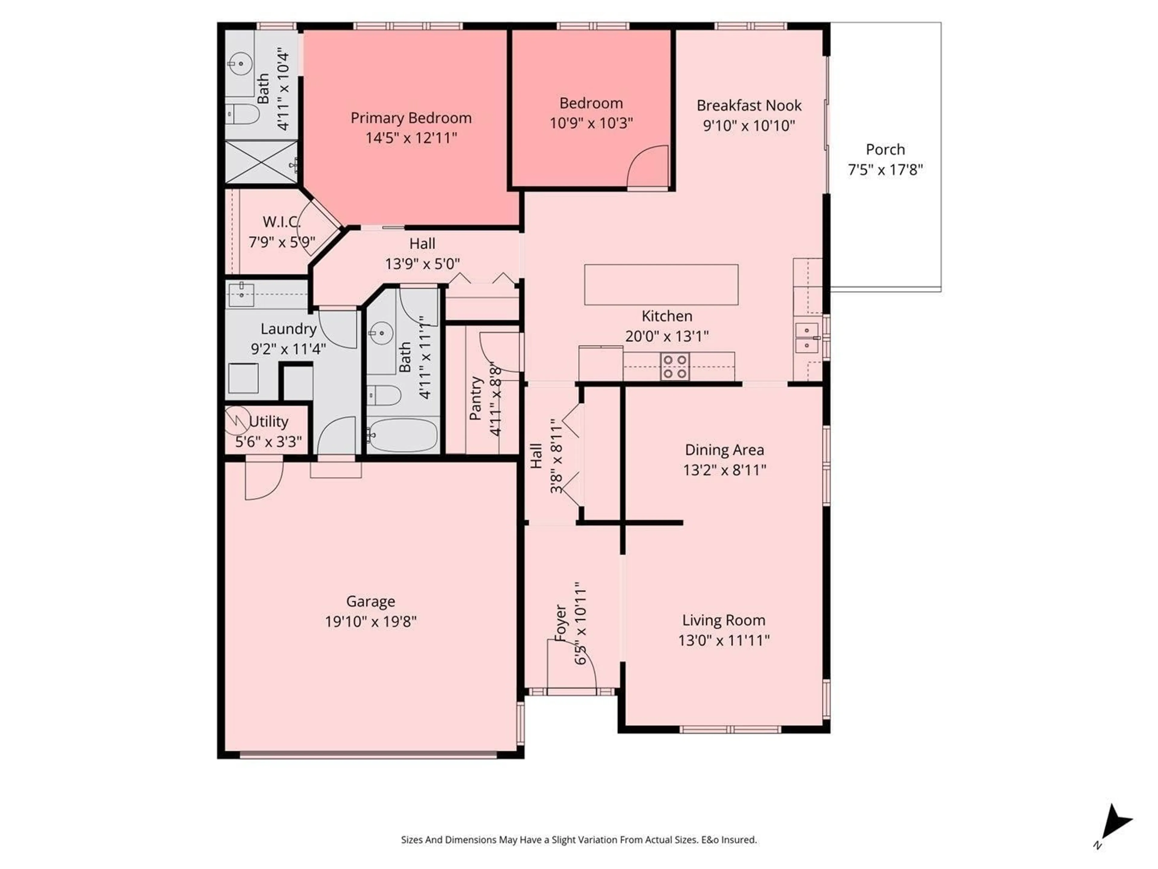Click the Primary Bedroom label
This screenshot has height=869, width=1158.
pyautogui.click(x=411, y=118)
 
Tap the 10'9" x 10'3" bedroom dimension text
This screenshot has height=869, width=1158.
pyautogui.click(x=591, y=123)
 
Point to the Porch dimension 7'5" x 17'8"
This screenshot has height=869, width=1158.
pyautogui.click(x=885, y=170)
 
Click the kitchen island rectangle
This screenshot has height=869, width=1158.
pyautogui.click(x=661, y=285)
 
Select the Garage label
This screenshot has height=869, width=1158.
pyautogui.click(x=371, y=601)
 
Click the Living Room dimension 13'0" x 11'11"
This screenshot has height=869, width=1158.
pyautogui.click(x=723, y=640)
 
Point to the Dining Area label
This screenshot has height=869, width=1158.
pyautogui.click(x=724, y=450)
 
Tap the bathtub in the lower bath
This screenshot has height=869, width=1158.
pyautogui.click(x=402, y=435)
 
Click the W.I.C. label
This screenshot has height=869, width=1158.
pyautogui.click(x=282, y=222)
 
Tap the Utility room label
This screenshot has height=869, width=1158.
pyautogui.click(x=269, y=422)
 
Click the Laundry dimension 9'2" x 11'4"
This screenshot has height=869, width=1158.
pyautogui.click(x=289, y=349)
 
